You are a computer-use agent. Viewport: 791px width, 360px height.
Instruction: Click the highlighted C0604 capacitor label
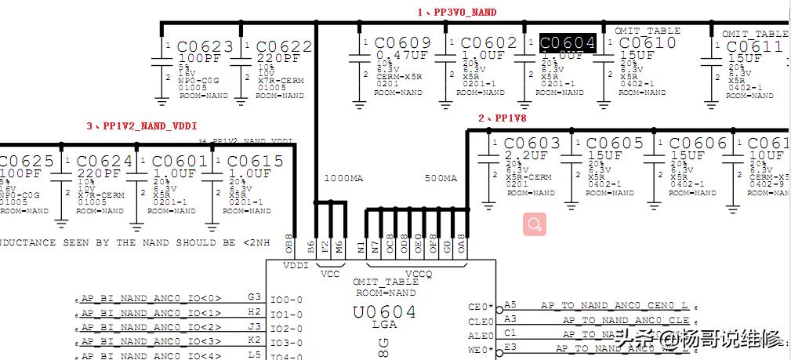click(x=568, y=43)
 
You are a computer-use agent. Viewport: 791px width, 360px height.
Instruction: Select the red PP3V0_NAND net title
click(x=457, y=13)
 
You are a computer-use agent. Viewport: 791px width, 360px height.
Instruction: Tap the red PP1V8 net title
click(x=503, y=118)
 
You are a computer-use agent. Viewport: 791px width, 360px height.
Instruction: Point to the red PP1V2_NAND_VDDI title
click(x=142, y=125)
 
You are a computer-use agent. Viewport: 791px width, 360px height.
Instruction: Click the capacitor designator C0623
click(x=205, y=46)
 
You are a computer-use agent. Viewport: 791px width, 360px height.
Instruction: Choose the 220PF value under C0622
click(x=278, y=59)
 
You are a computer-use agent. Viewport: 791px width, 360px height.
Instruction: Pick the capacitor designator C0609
click(x=403, y=43)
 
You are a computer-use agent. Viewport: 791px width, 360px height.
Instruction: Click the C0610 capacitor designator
click(x=648, y=43)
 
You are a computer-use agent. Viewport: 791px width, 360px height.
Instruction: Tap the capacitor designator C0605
click(x=615, y=144)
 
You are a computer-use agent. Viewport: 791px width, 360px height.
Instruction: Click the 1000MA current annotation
click(x=343, y=179)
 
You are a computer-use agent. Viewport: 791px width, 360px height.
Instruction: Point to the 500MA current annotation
click(x=440, y=179)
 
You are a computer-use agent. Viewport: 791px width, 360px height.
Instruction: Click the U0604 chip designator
click(x=384, y=312)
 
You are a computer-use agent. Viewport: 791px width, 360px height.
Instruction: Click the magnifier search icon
click(x=535, y=224)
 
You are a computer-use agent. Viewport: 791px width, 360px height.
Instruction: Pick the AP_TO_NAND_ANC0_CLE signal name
click(x=626, y=320)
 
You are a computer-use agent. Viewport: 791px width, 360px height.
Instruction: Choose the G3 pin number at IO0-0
click(x=254, y=297)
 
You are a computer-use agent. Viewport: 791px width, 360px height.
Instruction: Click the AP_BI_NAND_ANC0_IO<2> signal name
click(x=151, y=327)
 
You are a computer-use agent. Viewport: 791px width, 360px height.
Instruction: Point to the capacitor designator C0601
click(x=180, y=162)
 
